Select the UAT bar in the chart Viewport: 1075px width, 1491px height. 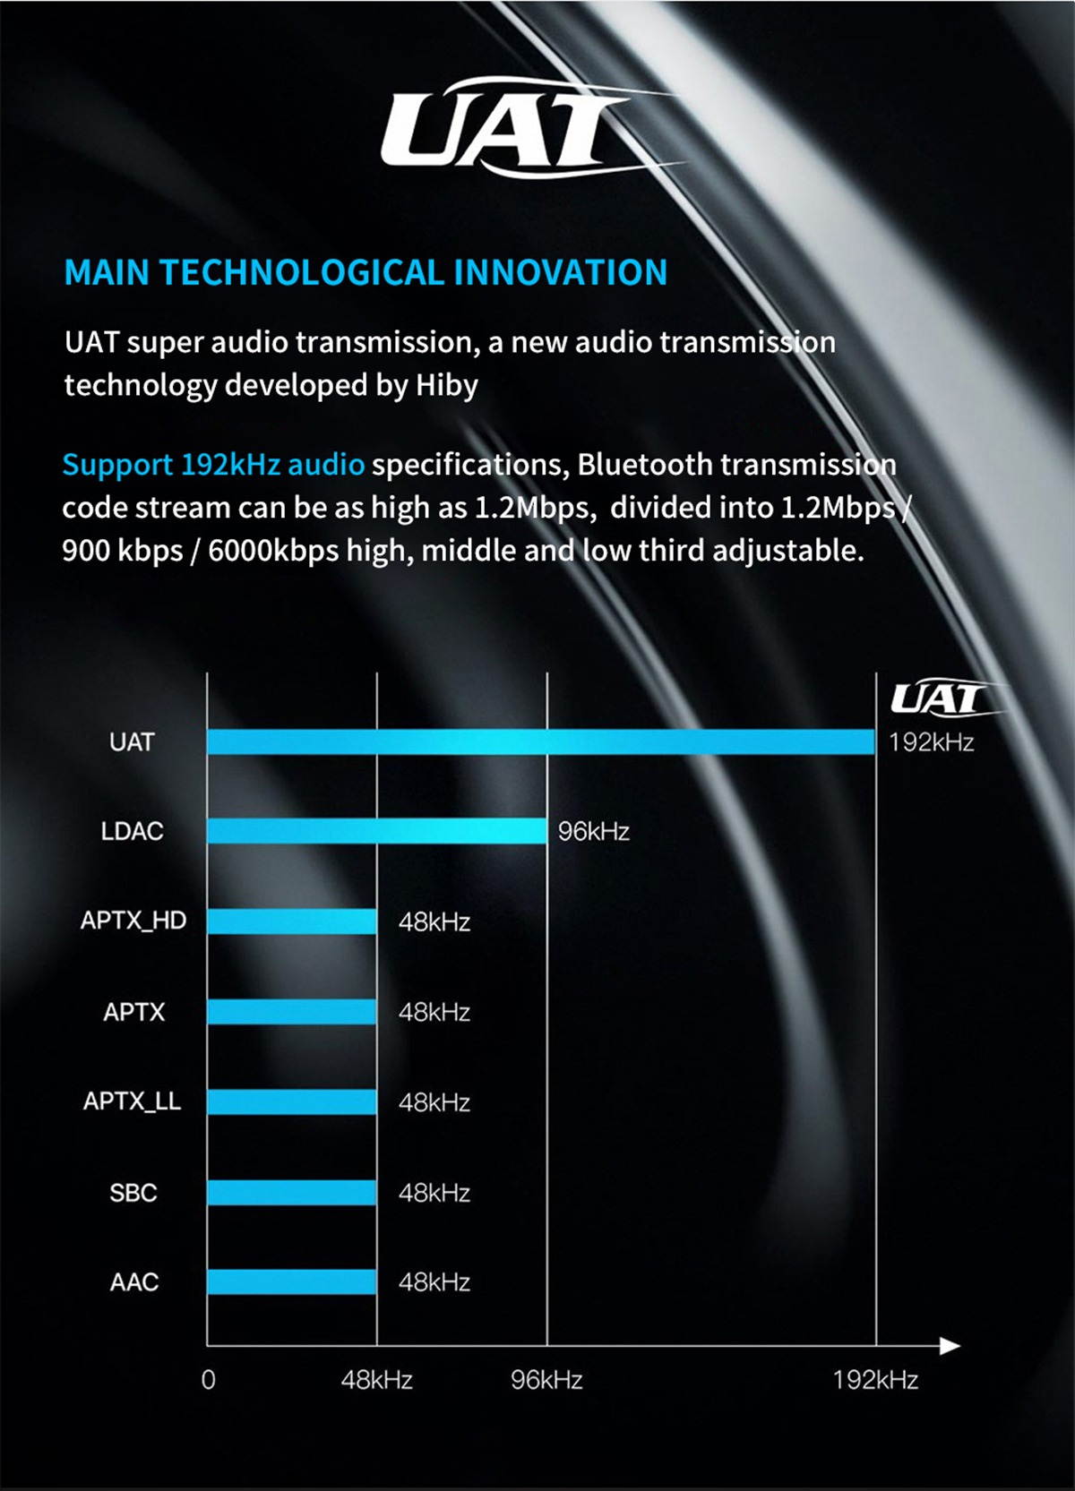540,741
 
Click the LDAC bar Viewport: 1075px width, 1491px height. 376,831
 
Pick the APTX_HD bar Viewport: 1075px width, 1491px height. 292,921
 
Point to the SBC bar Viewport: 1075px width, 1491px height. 292,1192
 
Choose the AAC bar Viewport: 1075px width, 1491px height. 292,1281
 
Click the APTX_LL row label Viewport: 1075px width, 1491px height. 133,1101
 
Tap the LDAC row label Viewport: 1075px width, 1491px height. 133,831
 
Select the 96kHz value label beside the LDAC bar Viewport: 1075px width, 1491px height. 593,832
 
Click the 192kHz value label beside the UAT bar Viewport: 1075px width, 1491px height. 931,742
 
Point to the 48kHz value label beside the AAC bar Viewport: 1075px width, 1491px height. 434,1282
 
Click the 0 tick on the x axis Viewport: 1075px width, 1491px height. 208,1379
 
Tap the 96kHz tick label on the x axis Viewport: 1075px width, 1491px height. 546,1379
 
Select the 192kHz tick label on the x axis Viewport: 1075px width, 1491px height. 875,1379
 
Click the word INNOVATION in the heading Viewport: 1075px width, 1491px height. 561,273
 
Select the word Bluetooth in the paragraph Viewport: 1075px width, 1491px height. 644,465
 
